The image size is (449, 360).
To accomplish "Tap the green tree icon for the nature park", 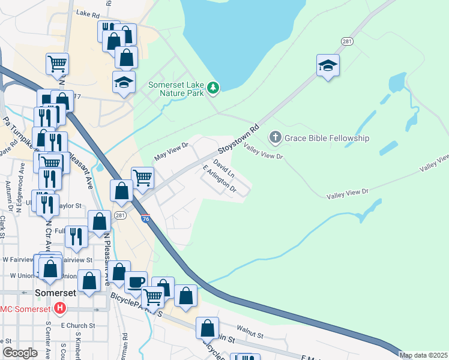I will coord(212,89).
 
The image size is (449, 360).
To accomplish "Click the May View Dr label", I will coord(172,151).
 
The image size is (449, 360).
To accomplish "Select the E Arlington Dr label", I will coord(220,181).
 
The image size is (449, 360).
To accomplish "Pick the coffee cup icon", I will coord(136,281).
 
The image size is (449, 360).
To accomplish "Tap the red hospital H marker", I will coord(59,309).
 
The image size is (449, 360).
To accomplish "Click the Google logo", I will coord(20,353).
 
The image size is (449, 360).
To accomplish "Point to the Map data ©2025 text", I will coord(424,355).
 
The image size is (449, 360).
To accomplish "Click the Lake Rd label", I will coord(88,13).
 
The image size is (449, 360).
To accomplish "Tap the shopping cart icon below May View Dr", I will coord(142,176).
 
